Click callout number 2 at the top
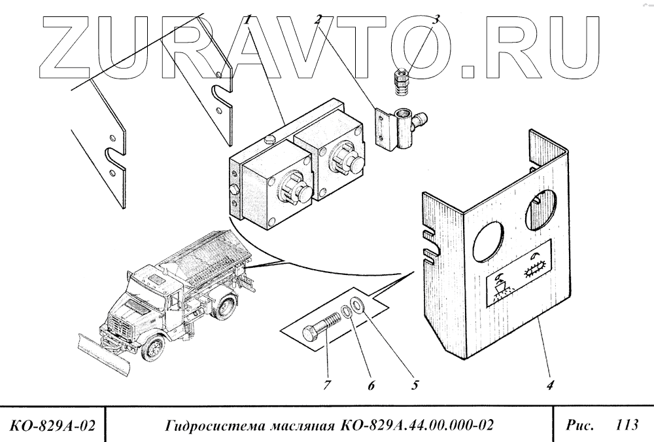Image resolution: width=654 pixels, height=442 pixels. [318, 20]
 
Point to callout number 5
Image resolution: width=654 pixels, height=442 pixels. [414, 386]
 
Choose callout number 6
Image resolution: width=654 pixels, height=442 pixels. [370, 386]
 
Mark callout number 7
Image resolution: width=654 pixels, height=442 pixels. [327, 386]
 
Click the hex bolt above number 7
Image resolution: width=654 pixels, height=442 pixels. [324, 329]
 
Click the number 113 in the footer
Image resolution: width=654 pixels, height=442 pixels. [627, 425]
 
